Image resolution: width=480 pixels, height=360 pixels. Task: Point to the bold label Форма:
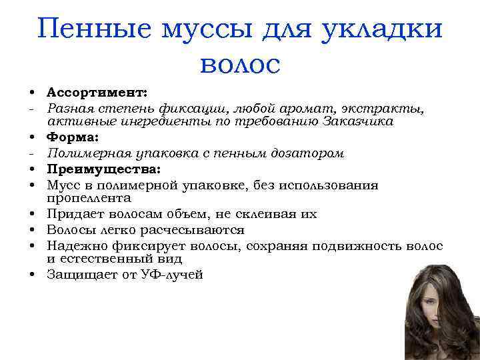pyautogui.click(x=73, y=137)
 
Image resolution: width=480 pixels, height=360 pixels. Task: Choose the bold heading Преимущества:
pyautogui.click(x=94, y=168)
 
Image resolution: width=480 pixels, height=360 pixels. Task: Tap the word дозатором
pyautogui.click(x=311, y=153)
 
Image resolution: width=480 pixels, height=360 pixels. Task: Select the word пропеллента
pyautogui.click(x=89, y=198)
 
